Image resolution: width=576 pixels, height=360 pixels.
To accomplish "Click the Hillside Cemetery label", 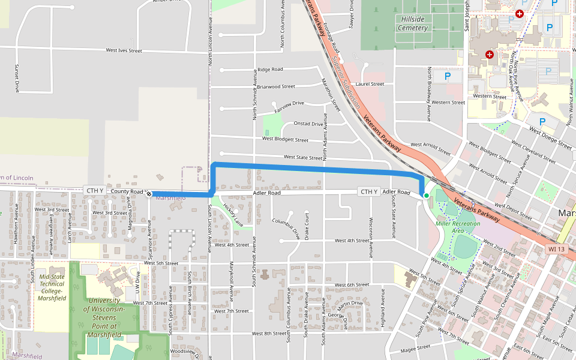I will pos(413,23).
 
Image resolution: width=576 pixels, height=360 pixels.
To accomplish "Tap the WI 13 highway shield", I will pos(556,249).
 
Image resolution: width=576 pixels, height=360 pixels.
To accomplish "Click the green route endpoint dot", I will pos(427,195).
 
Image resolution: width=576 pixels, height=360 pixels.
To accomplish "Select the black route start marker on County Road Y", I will pos(149,194).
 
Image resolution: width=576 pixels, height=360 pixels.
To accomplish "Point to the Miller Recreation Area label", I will pos(458,227).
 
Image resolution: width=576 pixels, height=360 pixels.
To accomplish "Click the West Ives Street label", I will pos(124,51).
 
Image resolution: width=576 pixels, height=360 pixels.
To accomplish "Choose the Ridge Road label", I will pos(269,70).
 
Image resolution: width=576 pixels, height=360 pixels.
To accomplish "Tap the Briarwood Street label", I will pos(276,86).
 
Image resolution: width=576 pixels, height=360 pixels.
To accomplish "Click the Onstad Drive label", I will pos(308,124).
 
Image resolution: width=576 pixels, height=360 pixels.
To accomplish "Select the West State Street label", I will pos(303,157).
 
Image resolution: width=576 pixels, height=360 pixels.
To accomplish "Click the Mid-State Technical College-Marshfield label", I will pos(52,287).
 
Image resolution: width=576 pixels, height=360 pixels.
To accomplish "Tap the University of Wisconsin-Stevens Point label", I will pos(104,317).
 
